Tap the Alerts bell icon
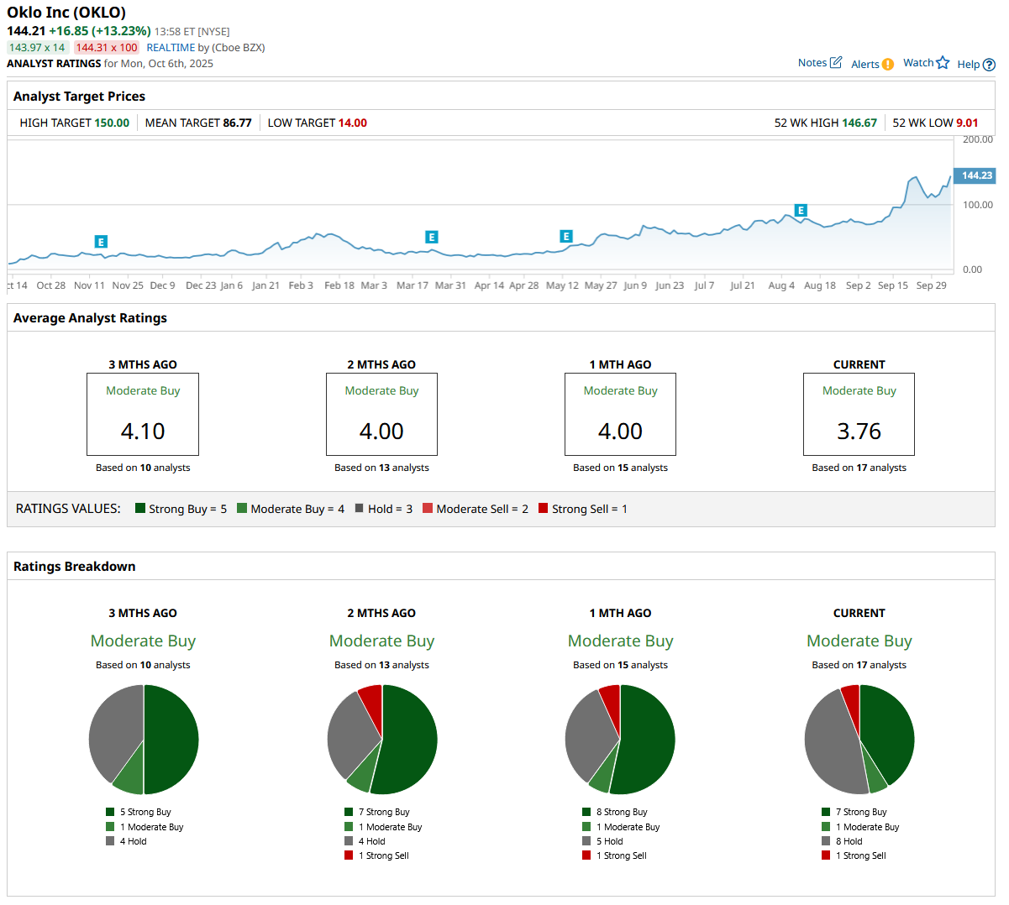888,65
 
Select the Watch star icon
943,63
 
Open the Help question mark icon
989,65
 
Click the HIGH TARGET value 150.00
112,123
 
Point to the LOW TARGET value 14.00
352,123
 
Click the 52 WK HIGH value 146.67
859,123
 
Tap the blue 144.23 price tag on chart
975,175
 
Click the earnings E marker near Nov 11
101,242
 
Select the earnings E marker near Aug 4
801,211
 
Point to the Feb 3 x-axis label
301,285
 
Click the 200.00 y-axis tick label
978,140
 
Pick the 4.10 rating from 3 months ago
143,432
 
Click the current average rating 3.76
859,432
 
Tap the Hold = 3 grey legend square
360,508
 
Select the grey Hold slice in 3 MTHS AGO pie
114,726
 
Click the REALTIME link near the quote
171,48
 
